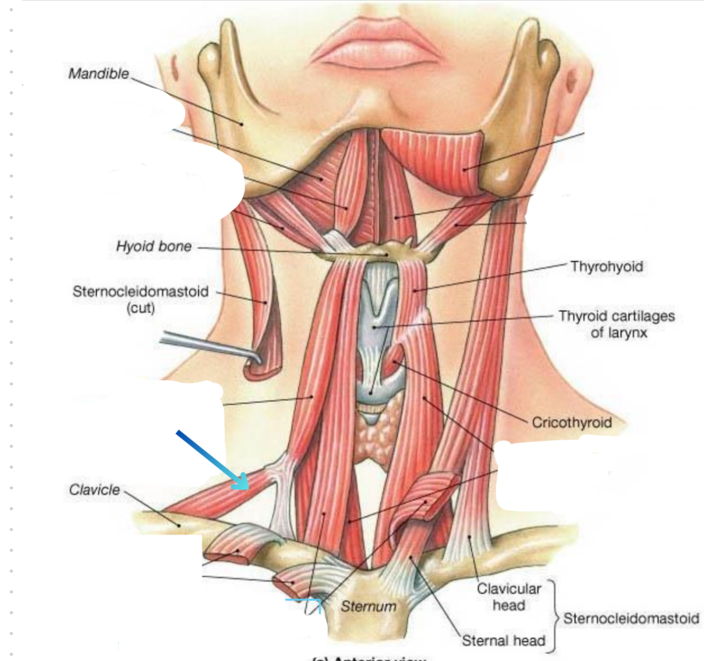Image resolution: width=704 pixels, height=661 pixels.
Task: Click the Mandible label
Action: tap(98, 74)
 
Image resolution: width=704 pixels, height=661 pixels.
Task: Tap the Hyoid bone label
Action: tap(154, 246)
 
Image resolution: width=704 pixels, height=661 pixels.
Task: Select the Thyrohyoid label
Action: tap(606, 266)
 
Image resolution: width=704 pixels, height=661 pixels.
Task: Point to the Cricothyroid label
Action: tap(571, 422)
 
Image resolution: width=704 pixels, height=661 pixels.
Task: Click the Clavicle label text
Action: tap(94, 490)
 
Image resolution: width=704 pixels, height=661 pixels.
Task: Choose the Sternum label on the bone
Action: tap(368, 606)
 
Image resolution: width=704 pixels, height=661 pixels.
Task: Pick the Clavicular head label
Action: tap(509, 596)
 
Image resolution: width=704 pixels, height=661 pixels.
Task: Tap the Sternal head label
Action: tap(502, 640)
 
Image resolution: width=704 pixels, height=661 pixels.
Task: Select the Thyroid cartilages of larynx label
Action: tap(617, 324)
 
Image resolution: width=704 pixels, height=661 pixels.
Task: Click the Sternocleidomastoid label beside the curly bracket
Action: tap(631, 618)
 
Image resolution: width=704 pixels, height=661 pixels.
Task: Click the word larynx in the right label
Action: tap(618, 333)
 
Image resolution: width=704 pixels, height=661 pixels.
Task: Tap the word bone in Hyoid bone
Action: tap(177, 246)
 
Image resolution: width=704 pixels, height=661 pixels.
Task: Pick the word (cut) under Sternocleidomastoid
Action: tap(140, 307)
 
